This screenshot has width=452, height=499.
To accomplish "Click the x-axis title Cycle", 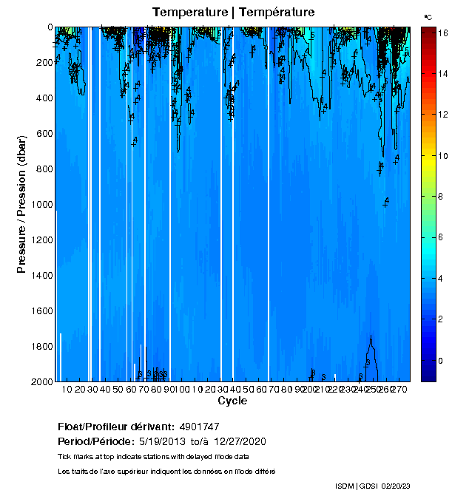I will pos(232,401).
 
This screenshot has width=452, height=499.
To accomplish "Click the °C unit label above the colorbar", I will pos(428,16).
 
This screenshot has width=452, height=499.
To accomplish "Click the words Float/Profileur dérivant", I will pos(115,427).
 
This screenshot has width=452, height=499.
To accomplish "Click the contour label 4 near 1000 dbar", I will pos(386,201).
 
